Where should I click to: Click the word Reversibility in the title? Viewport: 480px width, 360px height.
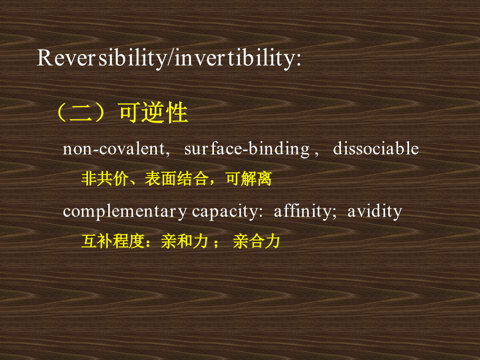coord(102,58)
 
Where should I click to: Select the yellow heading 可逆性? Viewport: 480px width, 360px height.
coord(154,113)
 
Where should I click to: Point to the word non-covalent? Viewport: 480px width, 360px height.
coord(114,149)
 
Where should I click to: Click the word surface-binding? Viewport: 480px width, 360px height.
coord(247,149)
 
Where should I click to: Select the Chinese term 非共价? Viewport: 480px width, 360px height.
coord(105,179)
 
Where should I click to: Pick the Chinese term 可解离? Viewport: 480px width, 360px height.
coord(249,179)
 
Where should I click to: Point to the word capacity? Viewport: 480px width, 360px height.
coord(225,212)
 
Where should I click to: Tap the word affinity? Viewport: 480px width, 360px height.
coord(302,211)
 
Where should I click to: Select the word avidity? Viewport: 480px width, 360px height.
coord(374,212)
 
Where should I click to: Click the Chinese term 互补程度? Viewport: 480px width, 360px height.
coord(113,241)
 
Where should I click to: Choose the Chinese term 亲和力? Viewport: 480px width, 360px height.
coord(185,241)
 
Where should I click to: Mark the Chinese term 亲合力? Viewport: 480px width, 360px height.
coord(256,241)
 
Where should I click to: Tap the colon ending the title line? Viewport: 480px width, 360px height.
coord(298,60)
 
